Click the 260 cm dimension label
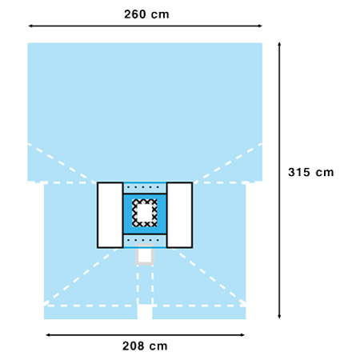[x=146, y=14]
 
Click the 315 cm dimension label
[x=311, y=172]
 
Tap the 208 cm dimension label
[x=145, y=346]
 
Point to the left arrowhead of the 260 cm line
[x=30, y=26]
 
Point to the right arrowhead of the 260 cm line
[x=260, y=26]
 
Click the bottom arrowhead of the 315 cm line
[x=279, y=316]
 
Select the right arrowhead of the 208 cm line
[x=242, y=335]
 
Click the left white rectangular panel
[x=110, y=215]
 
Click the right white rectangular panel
[x=179, y=215]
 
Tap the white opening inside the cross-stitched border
[x=145, y=213]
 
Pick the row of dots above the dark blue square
[x=143, y=187]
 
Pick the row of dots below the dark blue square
[x=143, y=240]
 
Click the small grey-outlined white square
[x=145, y=254]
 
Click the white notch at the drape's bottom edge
[x=145, y=312]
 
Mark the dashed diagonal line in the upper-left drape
[x=62, y=163]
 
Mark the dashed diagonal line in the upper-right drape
[x=228, y=163]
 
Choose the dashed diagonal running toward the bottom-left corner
[x=81, y=277]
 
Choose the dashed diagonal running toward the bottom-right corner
[x=210, y=277]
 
